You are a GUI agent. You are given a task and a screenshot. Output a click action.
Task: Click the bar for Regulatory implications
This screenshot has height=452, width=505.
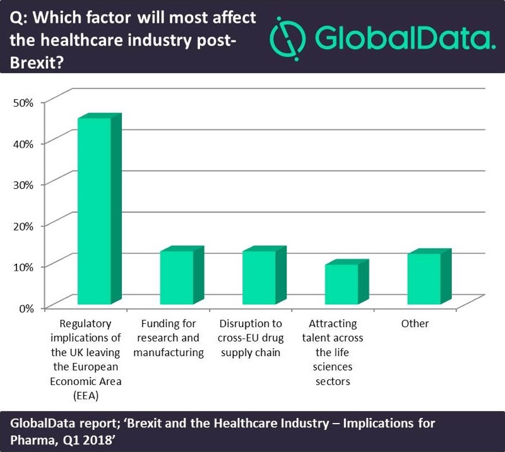point(93,211)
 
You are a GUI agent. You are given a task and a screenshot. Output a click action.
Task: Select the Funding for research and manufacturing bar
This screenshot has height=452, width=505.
point(176,278)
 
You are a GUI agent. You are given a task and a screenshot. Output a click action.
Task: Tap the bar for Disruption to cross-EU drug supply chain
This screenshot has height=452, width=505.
point(259,278)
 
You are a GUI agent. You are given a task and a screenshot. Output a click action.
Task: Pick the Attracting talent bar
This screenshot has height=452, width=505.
point(342,285)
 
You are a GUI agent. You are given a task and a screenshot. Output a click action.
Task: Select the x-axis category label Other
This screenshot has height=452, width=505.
point(415,324)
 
